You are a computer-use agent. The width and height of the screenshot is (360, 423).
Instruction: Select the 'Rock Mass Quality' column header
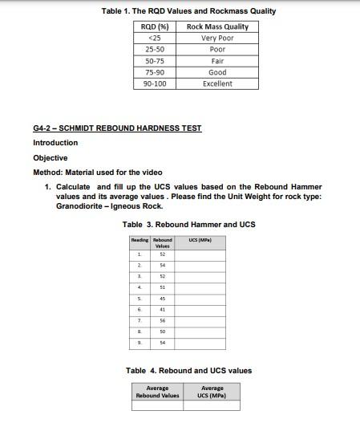[217, 26]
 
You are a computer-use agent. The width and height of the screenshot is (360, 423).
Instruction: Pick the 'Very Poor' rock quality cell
[217, 38]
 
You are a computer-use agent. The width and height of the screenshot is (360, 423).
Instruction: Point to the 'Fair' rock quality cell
[217, 60]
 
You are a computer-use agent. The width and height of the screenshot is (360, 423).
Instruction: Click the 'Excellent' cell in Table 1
[217, 83]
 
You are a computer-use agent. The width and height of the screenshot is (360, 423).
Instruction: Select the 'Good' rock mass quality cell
[217, 72]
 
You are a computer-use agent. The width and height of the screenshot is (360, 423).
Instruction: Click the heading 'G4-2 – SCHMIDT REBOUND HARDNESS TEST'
[117, 128]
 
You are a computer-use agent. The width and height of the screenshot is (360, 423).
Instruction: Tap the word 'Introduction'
[55, 143]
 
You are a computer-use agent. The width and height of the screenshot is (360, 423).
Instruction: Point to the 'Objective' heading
[50, 158]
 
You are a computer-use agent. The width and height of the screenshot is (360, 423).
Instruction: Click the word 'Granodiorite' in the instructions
[82, 206]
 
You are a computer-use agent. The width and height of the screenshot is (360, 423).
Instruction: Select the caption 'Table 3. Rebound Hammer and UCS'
[188, 225]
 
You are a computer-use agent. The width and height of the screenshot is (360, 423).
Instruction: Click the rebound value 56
[162, 319]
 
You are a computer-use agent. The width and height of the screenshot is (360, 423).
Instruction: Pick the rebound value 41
[162, 309]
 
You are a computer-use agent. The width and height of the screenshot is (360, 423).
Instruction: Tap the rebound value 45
[162, 298]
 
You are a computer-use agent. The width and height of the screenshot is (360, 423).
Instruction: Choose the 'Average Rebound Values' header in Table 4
[157, 392]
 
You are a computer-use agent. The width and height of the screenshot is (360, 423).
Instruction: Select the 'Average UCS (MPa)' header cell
[212, 392]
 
